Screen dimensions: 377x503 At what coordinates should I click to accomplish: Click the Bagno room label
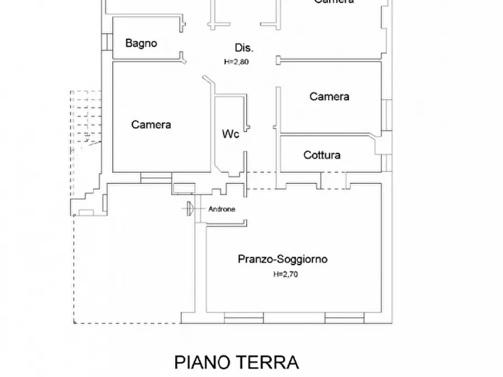[x=141, y=43]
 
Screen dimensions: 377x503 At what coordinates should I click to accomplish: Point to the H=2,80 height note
[x=236, y=62]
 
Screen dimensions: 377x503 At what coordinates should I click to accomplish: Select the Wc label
[x=230, y=134]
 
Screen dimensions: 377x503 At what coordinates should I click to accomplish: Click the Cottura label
[x=322, y=155]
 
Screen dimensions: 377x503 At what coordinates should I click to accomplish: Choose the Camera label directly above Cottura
[x=329, y=97]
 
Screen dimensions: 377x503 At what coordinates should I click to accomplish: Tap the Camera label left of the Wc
[x=151, y=125]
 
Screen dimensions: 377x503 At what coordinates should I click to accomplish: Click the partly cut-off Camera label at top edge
[x=333, y=2]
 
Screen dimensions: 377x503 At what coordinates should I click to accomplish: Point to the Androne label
[x=222, y=209]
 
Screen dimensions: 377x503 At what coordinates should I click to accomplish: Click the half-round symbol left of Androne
[x=190, y=208]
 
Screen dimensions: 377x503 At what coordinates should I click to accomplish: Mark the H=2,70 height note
[x=286, y=275]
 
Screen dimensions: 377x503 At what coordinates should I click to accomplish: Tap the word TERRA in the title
[x=269, y=362]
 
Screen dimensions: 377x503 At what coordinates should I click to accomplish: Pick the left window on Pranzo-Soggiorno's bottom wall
[x=244, y=318]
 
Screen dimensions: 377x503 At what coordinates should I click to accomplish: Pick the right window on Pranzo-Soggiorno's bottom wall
[x=344, y=318]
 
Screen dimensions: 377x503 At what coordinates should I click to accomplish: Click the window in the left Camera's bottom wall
[x=155, y=176]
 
